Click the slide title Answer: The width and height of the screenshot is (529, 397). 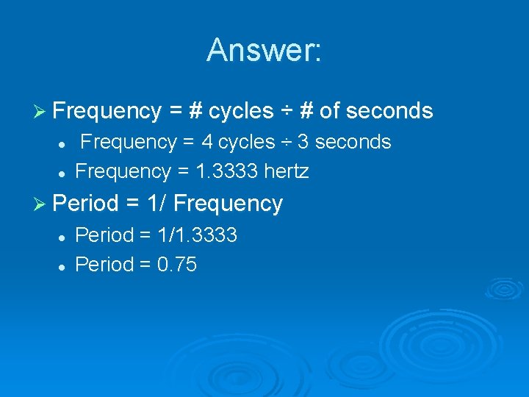coord(264,50)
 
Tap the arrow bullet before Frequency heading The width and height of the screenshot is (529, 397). coord(42,111)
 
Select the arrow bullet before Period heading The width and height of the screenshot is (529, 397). coord(42,203)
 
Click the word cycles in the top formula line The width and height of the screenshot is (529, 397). coord(241,111)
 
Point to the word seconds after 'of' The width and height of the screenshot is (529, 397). coord(389,111)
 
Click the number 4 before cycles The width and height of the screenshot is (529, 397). coord(208,142)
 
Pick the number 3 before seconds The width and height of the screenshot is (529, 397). coord(302,142)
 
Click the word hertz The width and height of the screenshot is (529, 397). coord(287,172)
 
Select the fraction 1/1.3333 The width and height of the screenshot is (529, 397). coord(198,235)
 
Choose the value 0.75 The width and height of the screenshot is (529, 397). coord(177,265)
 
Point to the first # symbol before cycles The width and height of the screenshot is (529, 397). coord(195,111)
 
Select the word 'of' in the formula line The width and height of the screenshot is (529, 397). coord(329,111)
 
